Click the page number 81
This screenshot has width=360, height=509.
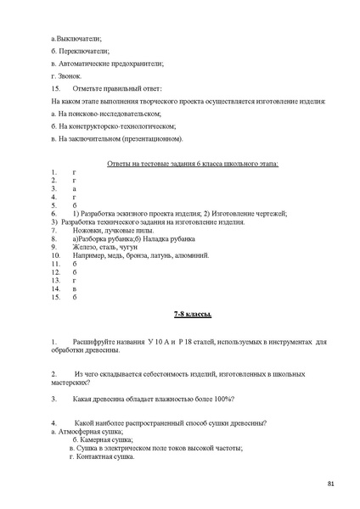pyautogui.click(x=330, y=484)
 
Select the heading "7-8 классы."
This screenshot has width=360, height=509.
pyautogui.click(x=192, y=315)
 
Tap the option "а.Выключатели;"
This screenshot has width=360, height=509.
pyautogui.click(x=76, y=39)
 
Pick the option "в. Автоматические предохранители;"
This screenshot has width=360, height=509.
pyautogui.click(x=107, y=64)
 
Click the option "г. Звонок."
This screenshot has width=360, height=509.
pyautogui.click(x=66, y=76)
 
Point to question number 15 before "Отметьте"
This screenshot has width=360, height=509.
pyautogui.click(x=56, y=89)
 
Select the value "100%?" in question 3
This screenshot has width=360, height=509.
pyautogui.click(x=220, y=399)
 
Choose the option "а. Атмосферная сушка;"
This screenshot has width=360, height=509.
pyautogui.click(x=87, y=431)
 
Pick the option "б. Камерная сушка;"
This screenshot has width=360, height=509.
pyautogui.click(x=102, y=439)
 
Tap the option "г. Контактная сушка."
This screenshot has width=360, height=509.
pyautogui.click(x=102, y=456)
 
